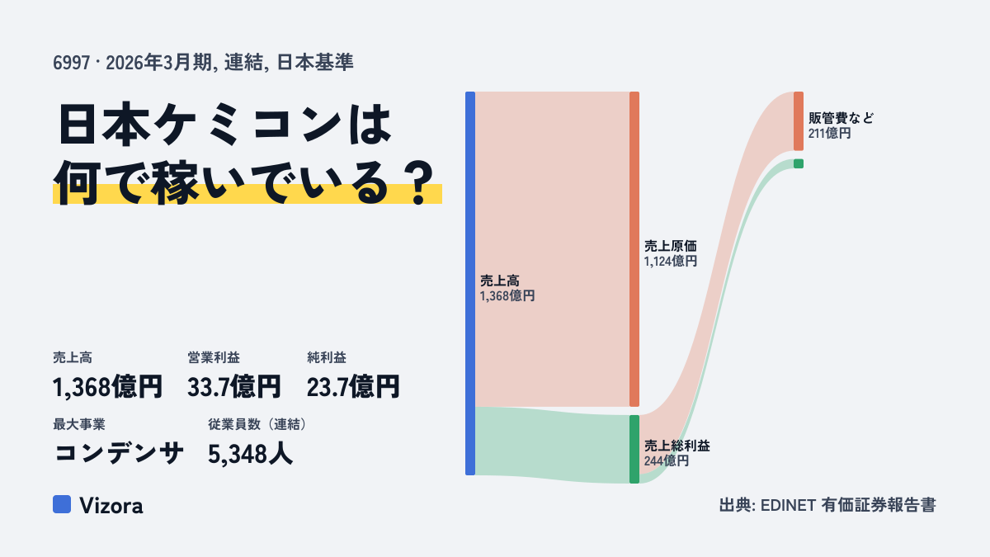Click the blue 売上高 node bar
click(470, 283)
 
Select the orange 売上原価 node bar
click(634, 249)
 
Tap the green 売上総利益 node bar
click(634, 449)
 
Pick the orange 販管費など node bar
click(799, 121)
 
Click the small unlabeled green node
click(799, 163)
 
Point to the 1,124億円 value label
click(671, 262)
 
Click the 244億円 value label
click(667, 461)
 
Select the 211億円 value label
click(830, 133)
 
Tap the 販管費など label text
click(841, 118)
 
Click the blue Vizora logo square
click(62, 504)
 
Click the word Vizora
click(111, 505)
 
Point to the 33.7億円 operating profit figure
click(233, 387)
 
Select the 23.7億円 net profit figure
click(353, 387)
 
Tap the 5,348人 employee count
click(250, 454)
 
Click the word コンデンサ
click(119, 453)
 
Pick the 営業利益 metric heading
click(214, 357)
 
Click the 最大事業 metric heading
click(79, 424)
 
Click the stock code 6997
click(72, 63)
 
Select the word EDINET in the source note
click(788, 505)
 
